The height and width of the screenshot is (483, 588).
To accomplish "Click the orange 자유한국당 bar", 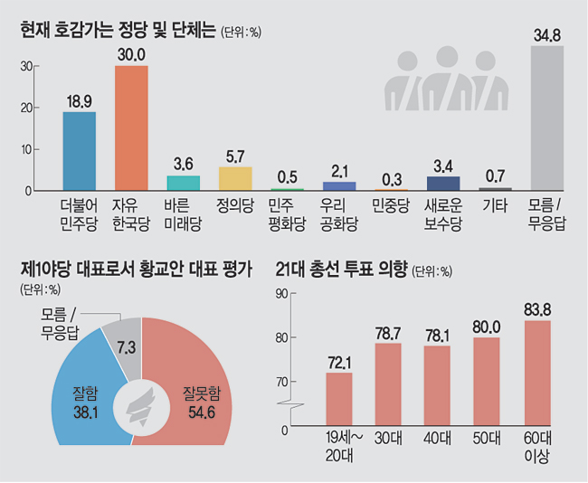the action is click(x=131, y=128).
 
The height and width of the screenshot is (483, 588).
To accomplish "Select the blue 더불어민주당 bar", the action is click(x=79, y=151).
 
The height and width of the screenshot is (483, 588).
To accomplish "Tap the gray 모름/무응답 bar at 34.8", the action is click(x=547, y=118).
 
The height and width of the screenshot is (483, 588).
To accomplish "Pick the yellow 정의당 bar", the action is click(x=235, y=178).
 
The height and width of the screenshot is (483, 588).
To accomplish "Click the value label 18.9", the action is click(x=79, y=101).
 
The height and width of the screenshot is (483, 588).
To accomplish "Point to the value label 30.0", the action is click(x=131, y=55).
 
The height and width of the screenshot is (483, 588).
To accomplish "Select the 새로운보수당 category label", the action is click(x=443, y=214).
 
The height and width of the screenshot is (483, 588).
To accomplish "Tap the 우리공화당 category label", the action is click(x=339, y=214).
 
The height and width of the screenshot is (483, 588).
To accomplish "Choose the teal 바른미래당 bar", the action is click(x=184, y=183).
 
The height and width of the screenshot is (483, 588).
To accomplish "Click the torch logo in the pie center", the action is click(x=141, y=407).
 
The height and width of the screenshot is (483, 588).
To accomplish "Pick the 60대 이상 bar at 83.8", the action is click(x=537, y=373).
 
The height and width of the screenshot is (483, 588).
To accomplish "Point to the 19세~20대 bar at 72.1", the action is click(x=339, y=399).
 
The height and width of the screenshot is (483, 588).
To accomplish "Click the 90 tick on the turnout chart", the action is click(x=281, y=294).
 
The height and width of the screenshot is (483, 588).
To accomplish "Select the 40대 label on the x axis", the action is click(x=437, y=439).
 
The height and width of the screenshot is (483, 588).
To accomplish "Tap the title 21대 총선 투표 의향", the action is click(x=341, y=270).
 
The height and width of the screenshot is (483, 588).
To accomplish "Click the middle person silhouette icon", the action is click(x=447, y=78).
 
